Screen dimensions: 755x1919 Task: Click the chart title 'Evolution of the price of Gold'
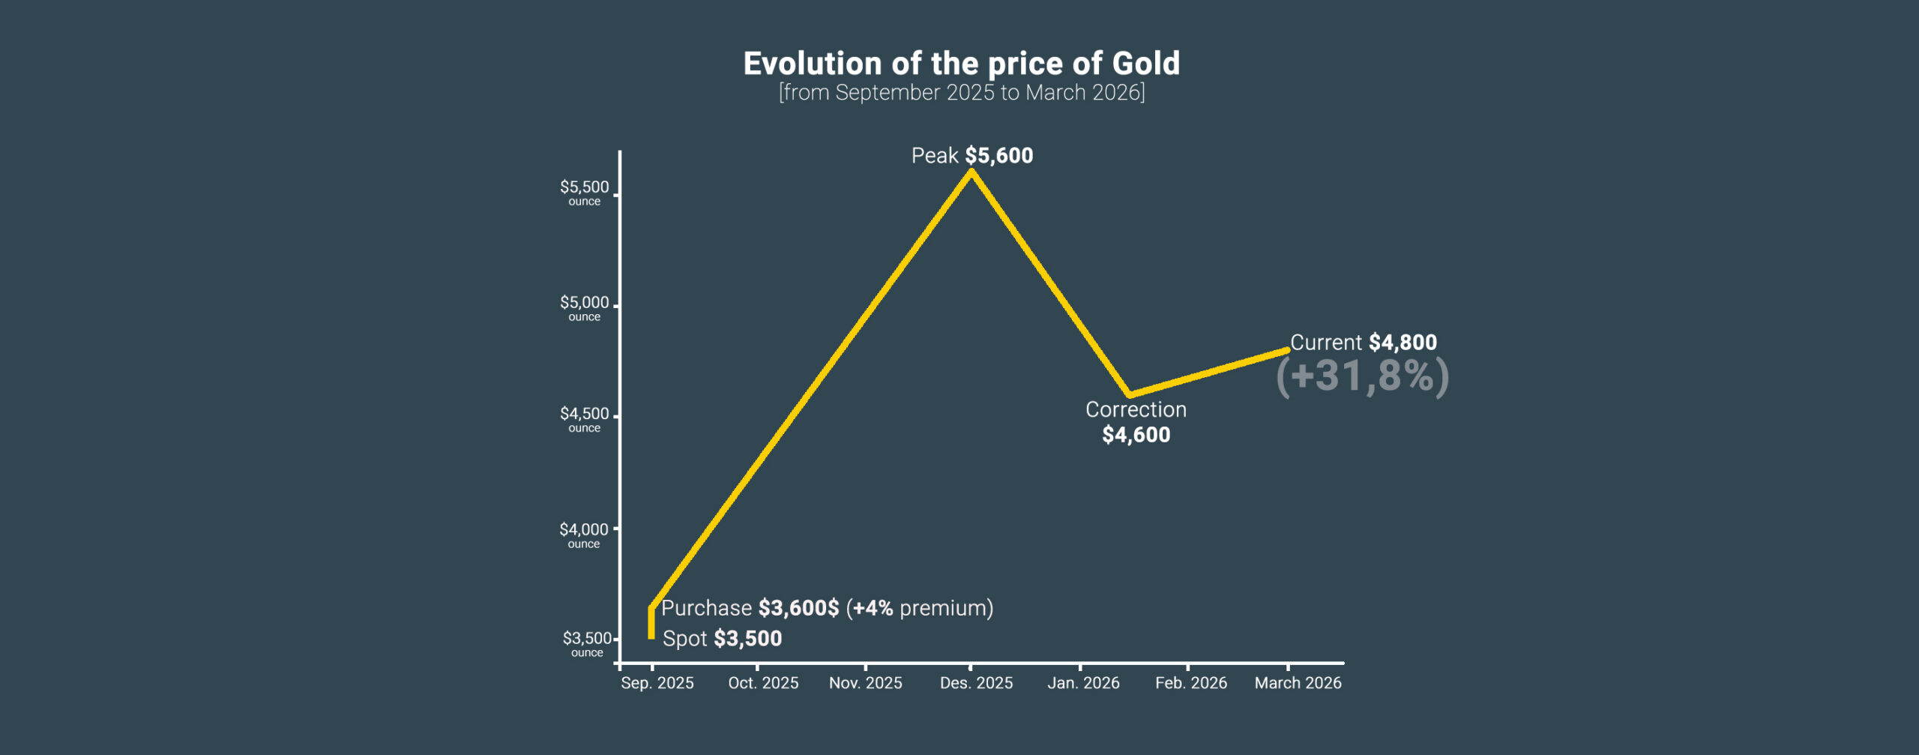coord(961,64)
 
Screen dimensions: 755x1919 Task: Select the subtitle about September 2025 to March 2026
coord(961,93)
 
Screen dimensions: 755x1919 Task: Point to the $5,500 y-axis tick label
coord(584,187)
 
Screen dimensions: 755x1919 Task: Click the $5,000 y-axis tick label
coord(584,303)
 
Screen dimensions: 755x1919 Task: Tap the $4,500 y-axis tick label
coord(584,414)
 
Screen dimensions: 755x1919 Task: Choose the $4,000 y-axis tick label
coord(583,530)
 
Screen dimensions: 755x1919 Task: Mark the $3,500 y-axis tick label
coord(586,639)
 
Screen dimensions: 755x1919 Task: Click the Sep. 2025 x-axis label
coord(657,683)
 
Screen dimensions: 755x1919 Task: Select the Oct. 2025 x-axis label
coord(763,683)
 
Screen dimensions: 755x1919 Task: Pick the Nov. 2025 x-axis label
coord(865,683)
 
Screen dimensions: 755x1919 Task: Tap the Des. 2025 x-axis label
coord(976,683)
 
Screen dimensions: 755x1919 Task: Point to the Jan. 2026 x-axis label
coord(1083,683)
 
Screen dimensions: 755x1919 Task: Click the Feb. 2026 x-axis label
coord(1190,683)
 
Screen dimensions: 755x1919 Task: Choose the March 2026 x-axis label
coord(1298,683)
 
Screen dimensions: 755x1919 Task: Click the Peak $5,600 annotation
coord(971,156)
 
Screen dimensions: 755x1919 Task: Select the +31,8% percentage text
coord(1362,376)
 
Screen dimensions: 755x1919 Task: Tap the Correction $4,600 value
coord(1136,435)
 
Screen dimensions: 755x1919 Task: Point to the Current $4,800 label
coord(1363,343)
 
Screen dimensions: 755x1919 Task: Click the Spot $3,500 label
coord(722,639)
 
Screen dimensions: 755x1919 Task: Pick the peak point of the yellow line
coord(971,172)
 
